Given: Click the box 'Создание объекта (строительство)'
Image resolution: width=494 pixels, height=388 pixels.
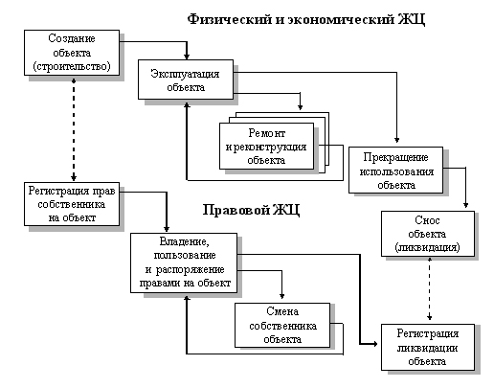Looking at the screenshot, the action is point(72,53).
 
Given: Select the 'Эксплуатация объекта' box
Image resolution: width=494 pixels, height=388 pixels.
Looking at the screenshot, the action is point(186,80).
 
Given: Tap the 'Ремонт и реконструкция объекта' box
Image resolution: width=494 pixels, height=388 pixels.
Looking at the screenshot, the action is point(267,147).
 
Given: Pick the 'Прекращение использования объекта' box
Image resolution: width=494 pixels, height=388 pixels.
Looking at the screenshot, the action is point(395,171).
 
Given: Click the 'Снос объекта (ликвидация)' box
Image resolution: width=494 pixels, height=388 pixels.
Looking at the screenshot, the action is point(428,234).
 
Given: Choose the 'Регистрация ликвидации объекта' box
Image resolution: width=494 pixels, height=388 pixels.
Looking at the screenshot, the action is point(428,348).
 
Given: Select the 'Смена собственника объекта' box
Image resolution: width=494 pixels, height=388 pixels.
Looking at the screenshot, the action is point(282,326).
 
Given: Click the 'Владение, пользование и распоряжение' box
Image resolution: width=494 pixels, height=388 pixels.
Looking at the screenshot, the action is point(184,262).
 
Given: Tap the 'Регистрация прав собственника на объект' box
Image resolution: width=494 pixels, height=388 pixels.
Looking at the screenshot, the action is point(72,204).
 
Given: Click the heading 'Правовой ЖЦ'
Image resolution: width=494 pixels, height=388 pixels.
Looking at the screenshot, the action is point(251,210).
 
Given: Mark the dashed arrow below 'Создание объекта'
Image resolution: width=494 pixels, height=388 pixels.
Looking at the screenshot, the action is point(74,128).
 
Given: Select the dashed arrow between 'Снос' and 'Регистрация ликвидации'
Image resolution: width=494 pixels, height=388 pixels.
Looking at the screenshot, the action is point(430,289).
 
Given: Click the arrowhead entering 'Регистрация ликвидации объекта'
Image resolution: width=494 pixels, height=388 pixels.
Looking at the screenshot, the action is point(374,344).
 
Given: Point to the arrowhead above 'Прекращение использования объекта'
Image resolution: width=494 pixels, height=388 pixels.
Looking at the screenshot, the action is point(396,140).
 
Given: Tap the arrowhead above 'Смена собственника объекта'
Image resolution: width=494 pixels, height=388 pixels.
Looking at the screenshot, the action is point(281,296).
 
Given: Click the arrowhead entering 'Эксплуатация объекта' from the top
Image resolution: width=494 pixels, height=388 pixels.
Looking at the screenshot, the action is point(187,57).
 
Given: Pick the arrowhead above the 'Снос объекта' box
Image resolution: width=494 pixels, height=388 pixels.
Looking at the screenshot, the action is point(465,205).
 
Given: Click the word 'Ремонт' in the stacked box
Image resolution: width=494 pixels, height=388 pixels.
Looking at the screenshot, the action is point(267,133).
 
